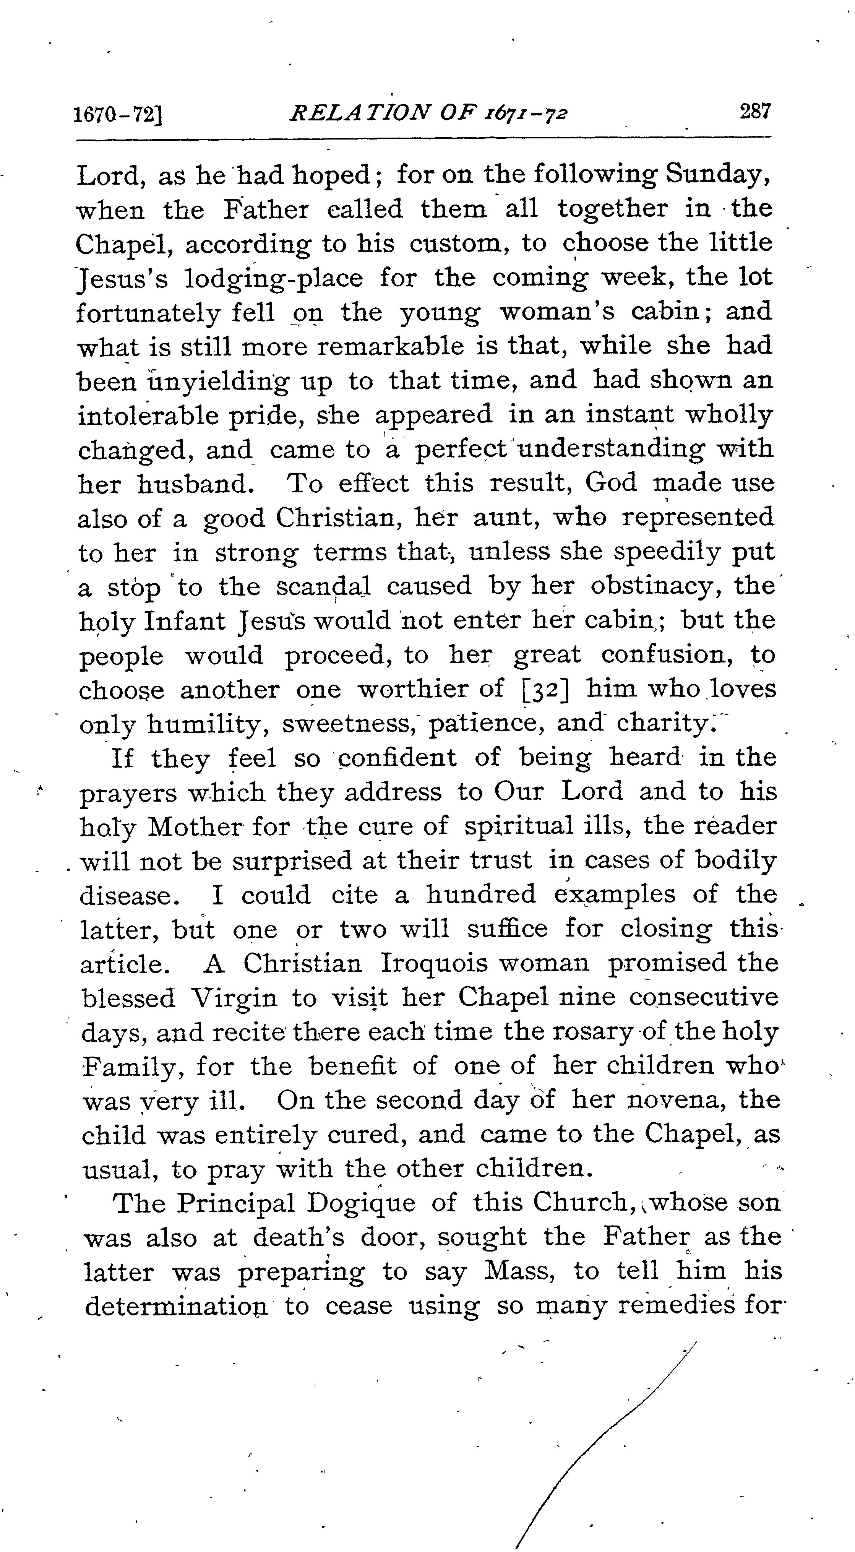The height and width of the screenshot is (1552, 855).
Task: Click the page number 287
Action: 755,112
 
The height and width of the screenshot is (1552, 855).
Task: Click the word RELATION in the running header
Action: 360,113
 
